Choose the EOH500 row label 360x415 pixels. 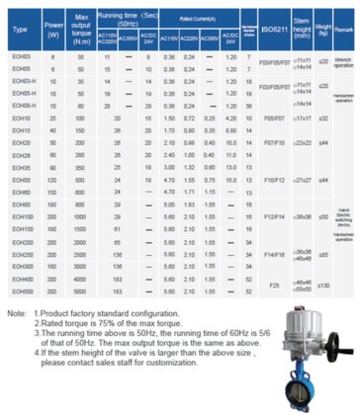20,292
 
